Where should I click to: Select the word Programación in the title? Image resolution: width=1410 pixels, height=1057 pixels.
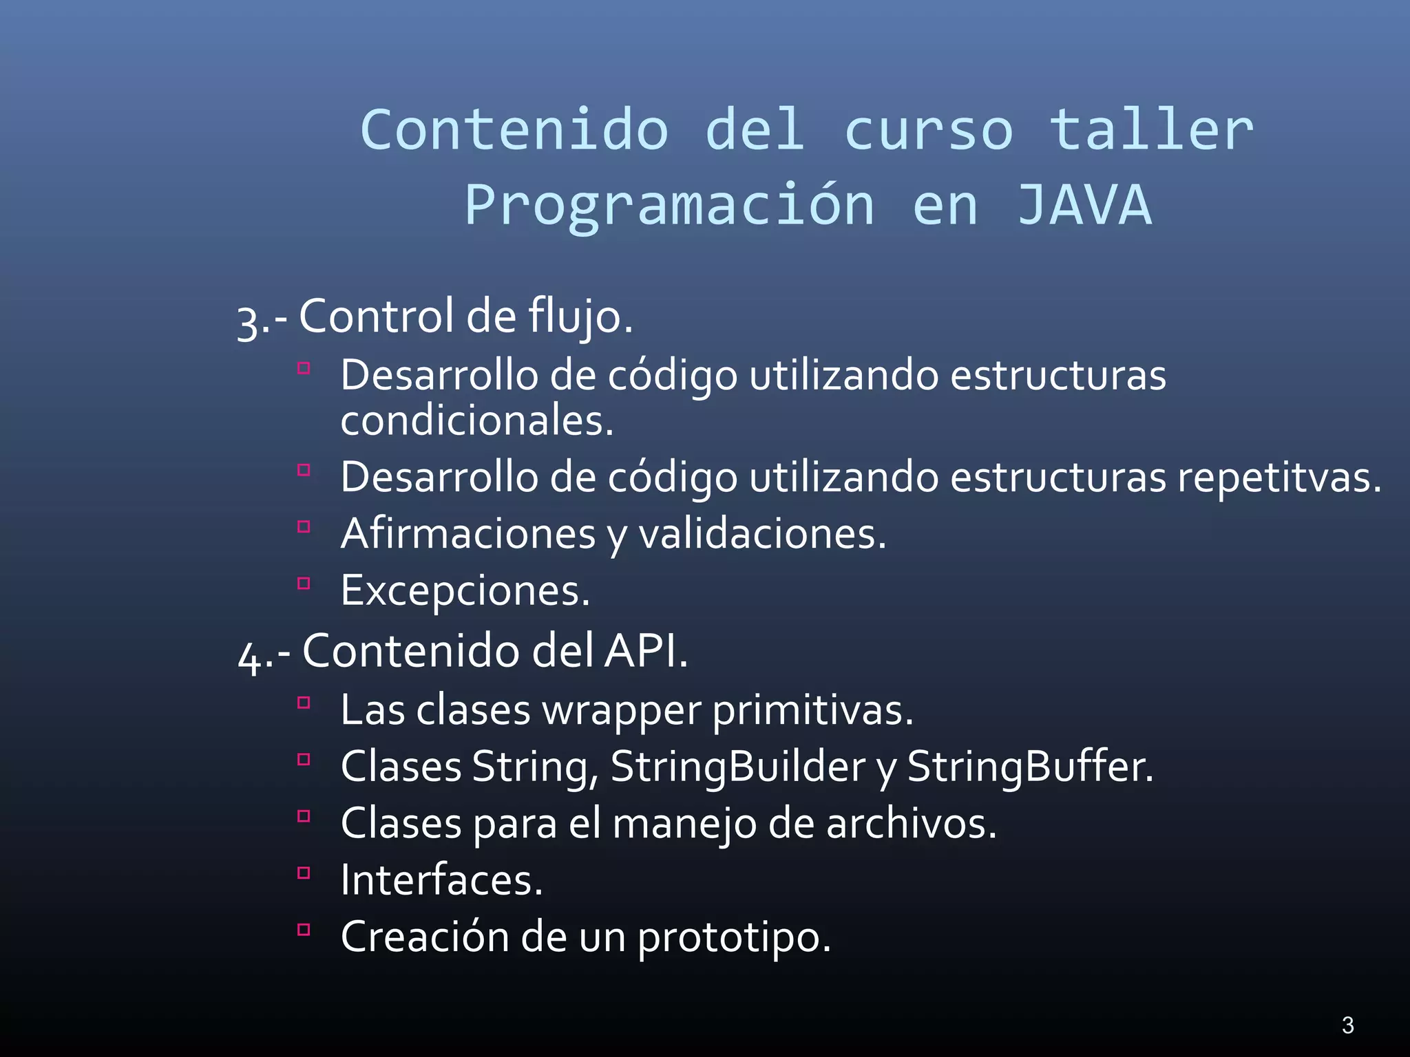click(669, 206)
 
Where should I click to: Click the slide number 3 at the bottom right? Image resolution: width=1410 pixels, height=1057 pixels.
click(1348, 1025)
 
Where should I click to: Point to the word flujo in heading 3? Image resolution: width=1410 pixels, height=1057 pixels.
click(580, 317)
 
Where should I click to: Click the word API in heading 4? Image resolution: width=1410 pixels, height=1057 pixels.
click(644, 650)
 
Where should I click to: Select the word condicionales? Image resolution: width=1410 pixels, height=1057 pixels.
click(476, 420)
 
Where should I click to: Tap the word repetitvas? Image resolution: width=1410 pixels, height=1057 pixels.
click(1279, 477)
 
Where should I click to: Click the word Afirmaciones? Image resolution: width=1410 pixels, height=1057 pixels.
click(468, 533)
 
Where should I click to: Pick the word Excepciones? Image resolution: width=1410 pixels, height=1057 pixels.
click(465, 590)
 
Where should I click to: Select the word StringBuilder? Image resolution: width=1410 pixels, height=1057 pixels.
click(738, 767)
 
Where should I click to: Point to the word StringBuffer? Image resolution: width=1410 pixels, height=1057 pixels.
click(1030, 767)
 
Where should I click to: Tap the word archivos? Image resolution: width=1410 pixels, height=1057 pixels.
click(911, 823)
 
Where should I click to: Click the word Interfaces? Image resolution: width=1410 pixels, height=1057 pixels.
click(441, 880)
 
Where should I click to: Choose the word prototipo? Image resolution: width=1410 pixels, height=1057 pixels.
click(734, 937)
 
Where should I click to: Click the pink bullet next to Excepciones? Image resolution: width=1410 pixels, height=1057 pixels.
click(304, 584)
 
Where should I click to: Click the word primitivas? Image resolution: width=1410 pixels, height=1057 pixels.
click(812, 710)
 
